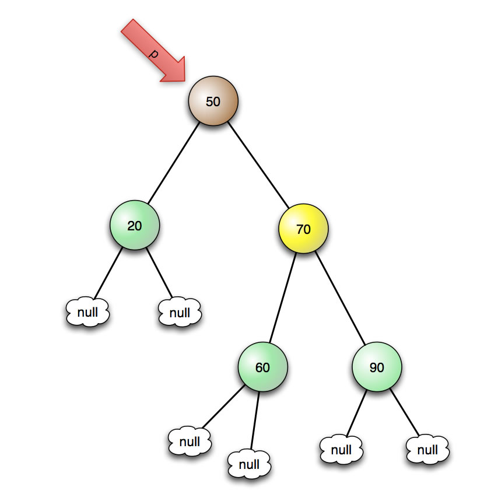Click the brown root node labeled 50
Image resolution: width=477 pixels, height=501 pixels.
pyautogui.click(x=213, y=101)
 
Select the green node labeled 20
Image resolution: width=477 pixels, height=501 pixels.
pyautogui.click(x=134, y=226)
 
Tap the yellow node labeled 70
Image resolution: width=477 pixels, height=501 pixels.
pyautogui.click(x=303, y=229)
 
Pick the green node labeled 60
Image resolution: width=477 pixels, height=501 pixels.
pyautogui.click(x=262, y=367)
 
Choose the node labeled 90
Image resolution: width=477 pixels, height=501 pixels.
pyautogui.click(x=377, y=367)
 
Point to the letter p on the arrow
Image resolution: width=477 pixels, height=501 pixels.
pyautogui.click(x=153, y=53)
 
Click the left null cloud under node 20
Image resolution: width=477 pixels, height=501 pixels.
pyautogui.click(x=87, y=313)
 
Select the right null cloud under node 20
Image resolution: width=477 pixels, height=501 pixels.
pyautogui.click(x=180, y=313)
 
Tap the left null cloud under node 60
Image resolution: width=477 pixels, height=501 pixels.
pyautogui.click(x=190, y=441)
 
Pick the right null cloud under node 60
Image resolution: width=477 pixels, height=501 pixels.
pyautogui.click(x=249, y=464)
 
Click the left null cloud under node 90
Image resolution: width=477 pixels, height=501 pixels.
pyautogui.click(x=341, y=450)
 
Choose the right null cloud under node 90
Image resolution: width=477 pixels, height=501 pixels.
pyautogui.click(x=427, y=450)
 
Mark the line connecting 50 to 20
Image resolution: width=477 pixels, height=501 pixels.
pyautogui.click(x=173, y=163)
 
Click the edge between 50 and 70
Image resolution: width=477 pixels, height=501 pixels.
pyautogui.click(x=258, y=164)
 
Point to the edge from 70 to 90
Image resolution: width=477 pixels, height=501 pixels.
pyautogui.click(x=341, y=298)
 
